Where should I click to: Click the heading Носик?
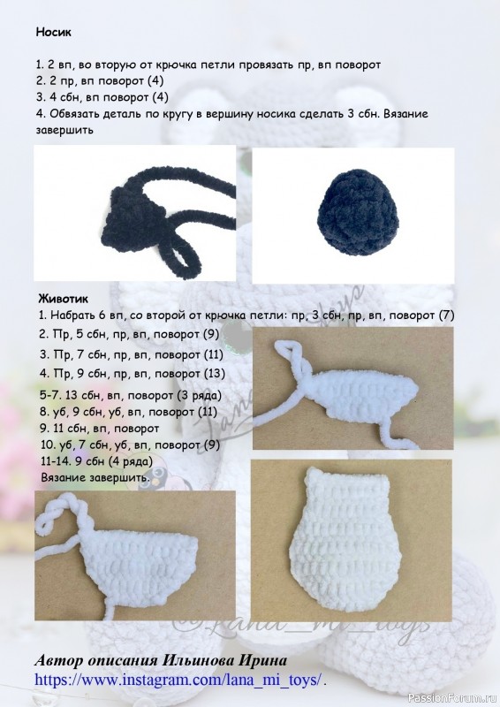[54, 32]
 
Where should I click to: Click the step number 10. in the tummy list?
[49, 445]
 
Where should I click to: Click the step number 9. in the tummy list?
[45, 428]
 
